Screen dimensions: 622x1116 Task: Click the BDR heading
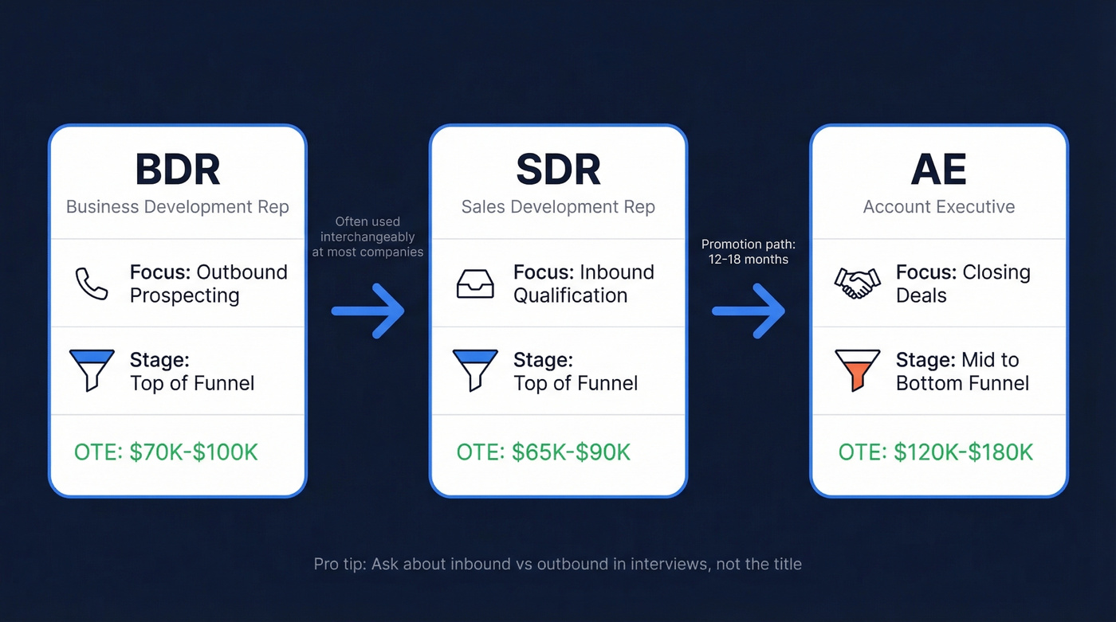pyautogui.click(x=177, y=169)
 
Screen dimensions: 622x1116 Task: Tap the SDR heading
pyautogui.click(x=558, y=169)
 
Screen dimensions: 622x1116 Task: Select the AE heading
pyautogui.click(x=938, y=169)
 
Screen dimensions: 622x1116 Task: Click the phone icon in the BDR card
pyautogui.click(x=91, y=284)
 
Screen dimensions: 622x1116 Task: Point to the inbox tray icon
pyautogui.click(x=474, y=284)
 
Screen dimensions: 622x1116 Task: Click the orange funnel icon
pyautogui.click(x=857, y=370)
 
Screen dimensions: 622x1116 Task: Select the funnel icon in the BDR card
pyautogui.click(x=92, y=370)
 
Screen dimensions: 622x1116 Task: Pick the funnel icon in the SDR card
pyautogui.click(x=474, y=370)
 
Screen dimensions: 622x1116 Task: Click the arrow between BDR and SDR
pyautogui.click(x=368, y=311)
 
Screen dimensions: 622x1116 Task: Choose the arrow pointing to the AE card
pyautogui.click(x=749, y=311)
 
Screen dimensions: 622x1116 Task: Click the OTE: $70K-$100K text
pyautogui.click(x=166, y=453)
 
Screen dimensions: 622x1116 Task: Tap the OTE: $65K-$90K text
pyautogui.click(x=543, y=453)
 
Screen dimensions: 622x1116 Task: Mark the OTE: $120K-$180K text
pyautogui.click(x=935, y=453)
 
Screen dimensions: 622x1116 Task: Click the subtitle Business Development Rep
pyautogui.click(x=177, y=207)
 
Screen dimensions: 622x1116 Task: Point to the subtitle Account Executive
pyautogui.click(x=938, y=207)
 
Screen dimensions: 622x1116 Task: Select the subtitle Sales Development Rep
pyautogui.click(x=558, y=207)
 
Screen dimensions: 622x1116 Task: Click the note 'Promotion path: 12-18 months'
pyautogui.click(x=749, y=252)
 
